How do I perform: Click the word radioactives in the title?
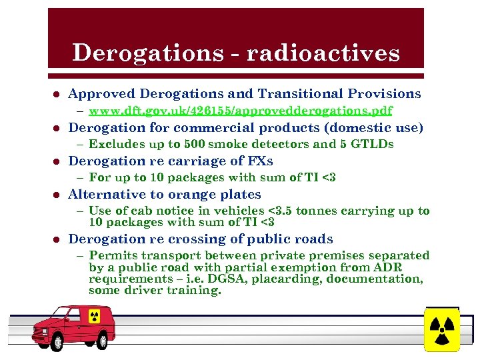tap(323, 52)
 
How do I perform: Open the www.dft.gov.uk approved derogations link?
tap(240, 110)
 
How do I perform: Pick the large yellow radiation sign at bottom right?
tap(442, 328)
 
